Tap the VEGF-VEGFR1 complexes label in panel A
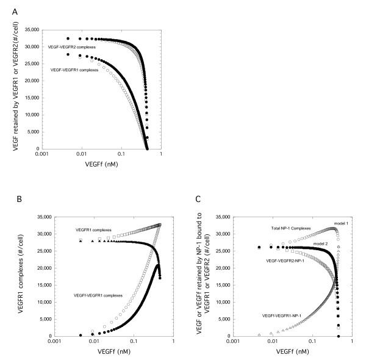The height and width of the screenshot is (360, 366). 75,69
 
